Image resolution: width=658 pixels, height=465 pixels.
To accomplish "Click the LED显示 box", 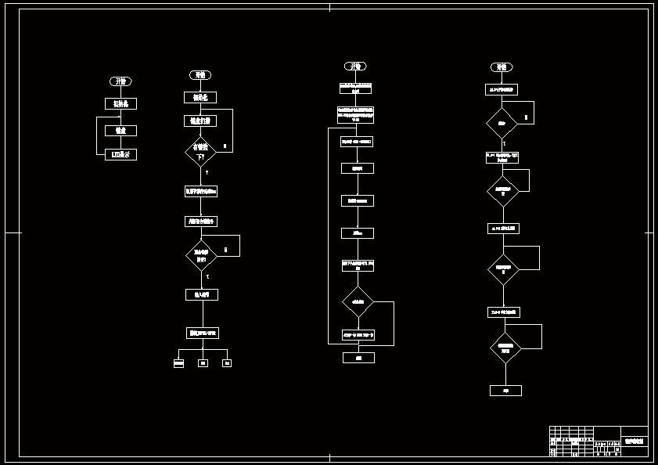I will (x=121, y=155).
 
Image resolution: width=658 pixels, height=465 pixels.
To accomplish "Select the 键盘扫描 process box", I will (x=200, y=121).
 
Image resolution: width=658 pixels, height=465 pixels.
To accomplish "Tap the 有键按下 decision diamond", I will (x=200, y=151).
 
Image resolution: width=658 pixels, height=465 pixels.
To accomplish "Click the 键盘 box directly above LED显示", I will (x=121, y=131).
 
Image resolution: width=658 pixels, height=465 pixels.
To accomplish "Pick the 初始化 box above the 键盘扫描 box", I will (x=200, y=98).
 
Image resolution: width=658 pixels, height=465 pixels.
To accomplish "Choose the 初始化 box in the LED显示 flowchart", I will (x=121, y=103).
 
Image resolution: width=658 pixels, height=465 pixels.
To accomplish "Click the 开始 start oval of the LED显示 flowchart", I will (x=121, y=81).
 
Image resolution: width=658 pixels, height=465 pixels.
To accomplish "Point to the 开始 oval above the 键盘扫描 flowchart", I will (x=200, y=75).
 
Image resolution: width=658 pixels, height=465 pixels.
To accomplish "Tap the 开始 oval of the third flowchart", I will (x=355, y=67).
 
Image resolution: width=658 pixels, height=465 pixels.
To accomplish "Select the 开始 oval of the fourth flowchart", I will (x=502, y=67).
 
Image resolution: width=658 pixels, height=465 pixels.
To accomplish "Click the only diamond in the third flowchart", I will (x=358, y=301).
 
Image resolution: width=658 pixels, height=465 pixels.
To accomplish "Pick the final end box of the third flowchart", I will (x=358, y=358).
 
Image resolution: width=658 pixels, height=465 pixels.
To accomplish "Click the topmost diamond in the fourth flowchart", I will (x=502, y=123).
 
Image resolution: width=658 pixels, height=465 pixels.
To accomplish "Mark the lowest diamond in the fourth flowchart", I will (x=505, y=348).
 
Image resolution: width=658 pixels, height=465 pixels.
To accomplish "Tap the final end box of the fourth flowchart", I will (x=505, y=390).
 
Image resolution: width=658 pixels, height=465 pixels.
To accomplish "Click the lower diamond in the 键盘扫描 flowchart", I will (x=201, y=255).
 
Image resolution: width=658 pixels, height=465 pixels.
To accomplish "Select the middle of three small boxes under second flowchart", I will (x=203, y=363).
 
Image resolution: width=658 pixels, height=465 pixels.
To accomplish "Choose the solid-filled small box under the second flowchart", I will (x=178, y=363).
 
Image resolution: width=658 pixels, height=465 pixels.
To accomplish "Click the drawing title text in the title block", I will (x=635, y=442).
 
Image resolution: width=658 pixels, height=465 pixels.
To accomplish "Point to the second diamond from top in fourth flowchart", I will (x=503, y=190).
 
